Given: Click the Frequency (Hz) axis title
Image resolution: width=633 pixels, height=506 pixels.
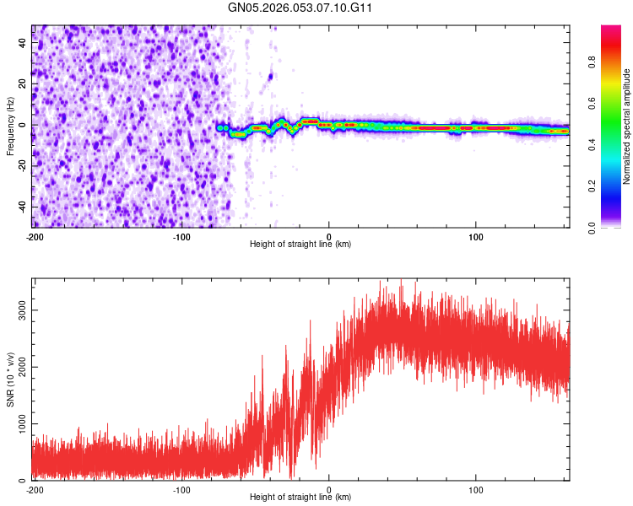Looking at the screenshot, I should [x=10, y=126].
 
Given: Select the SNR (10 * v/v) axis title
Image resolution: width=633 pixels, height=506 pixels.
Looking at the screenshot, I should [x=10, y=379].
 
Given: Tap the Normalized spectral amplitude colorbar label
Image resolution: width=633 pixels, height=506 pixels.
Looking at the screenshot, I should [x=627, y=126].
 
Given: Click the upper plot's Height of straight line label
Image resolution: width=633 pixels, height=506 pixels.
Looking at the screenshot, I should [x=300, y=244].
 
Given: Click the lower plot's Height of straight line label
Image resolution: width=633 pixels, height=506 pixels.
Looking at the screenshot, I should [x=300, y=497].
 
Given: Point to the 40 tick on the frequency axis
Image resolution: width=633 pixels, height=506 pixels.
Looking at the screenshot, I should [x=23, y=43].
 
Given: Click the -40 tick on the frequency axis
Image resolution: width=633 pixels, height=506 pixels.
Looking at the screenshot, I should [x=21, y=207].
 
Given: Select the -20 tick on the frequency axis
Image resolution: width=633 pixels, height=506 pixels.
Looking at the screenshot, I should [x=21, y=166].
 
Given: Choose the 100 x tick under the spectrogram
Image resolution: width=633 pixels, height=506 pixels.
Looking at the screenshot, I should [x=476, y=235].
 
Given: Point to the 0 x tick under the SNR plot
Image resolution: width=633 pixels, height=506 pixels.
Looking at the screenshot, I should [x=328, y=488].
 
